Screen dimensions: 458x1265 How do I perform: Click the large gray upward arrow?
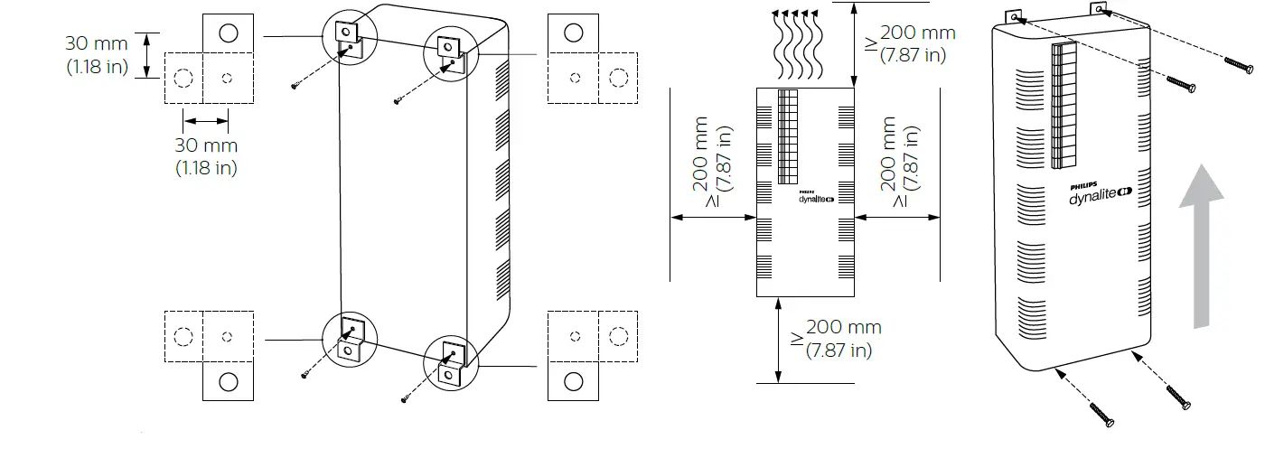click(x=1201, y=248)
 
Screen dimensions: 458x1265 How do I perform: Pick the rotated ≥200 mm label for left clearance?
click(x=713, y=163)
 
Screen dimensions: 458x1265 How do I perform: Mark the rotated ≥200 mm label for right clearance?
click(x=901, y=163)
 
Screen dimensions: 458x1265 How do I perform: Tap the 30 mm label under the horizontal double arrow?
click(x=206, y=155)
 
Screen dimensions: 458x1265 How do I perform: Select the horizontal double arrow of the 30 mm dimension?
click(x=206, y=120)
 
